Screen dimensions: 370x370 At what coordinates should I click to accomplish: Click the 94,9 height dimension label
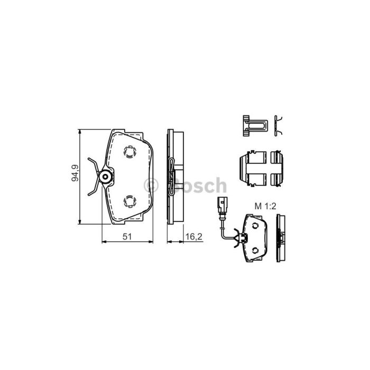click(x=75, y=173)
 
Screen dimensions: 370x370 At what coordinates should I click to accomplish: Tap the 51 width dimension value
click(x=127, y=236)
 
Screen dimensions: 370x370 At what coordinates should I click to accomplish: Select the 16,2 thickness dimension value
click(x=194, y=236)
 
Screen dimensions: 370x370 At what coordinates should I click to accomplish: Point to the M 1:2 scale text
click(x=265, y=206)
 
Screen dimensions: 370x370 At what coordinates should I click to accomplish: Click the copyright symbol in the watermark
click(x=151, y=185)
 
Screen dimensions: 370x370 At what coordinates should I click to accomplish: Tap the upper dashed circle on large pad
click(x=130, y=152)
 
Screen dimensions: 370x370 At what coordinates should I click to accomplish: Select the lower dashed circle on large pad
click(x=130, y=202)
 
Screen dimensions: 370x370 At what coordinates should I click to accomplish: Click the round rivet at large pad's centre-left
click(x=105, y=177)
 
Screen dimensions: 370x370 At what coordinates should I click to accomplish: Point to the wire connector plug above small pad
click(x=223, y=206)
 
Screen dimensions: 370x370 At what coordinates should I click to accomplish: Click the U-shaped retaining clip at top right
click(x=255, y=126)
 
